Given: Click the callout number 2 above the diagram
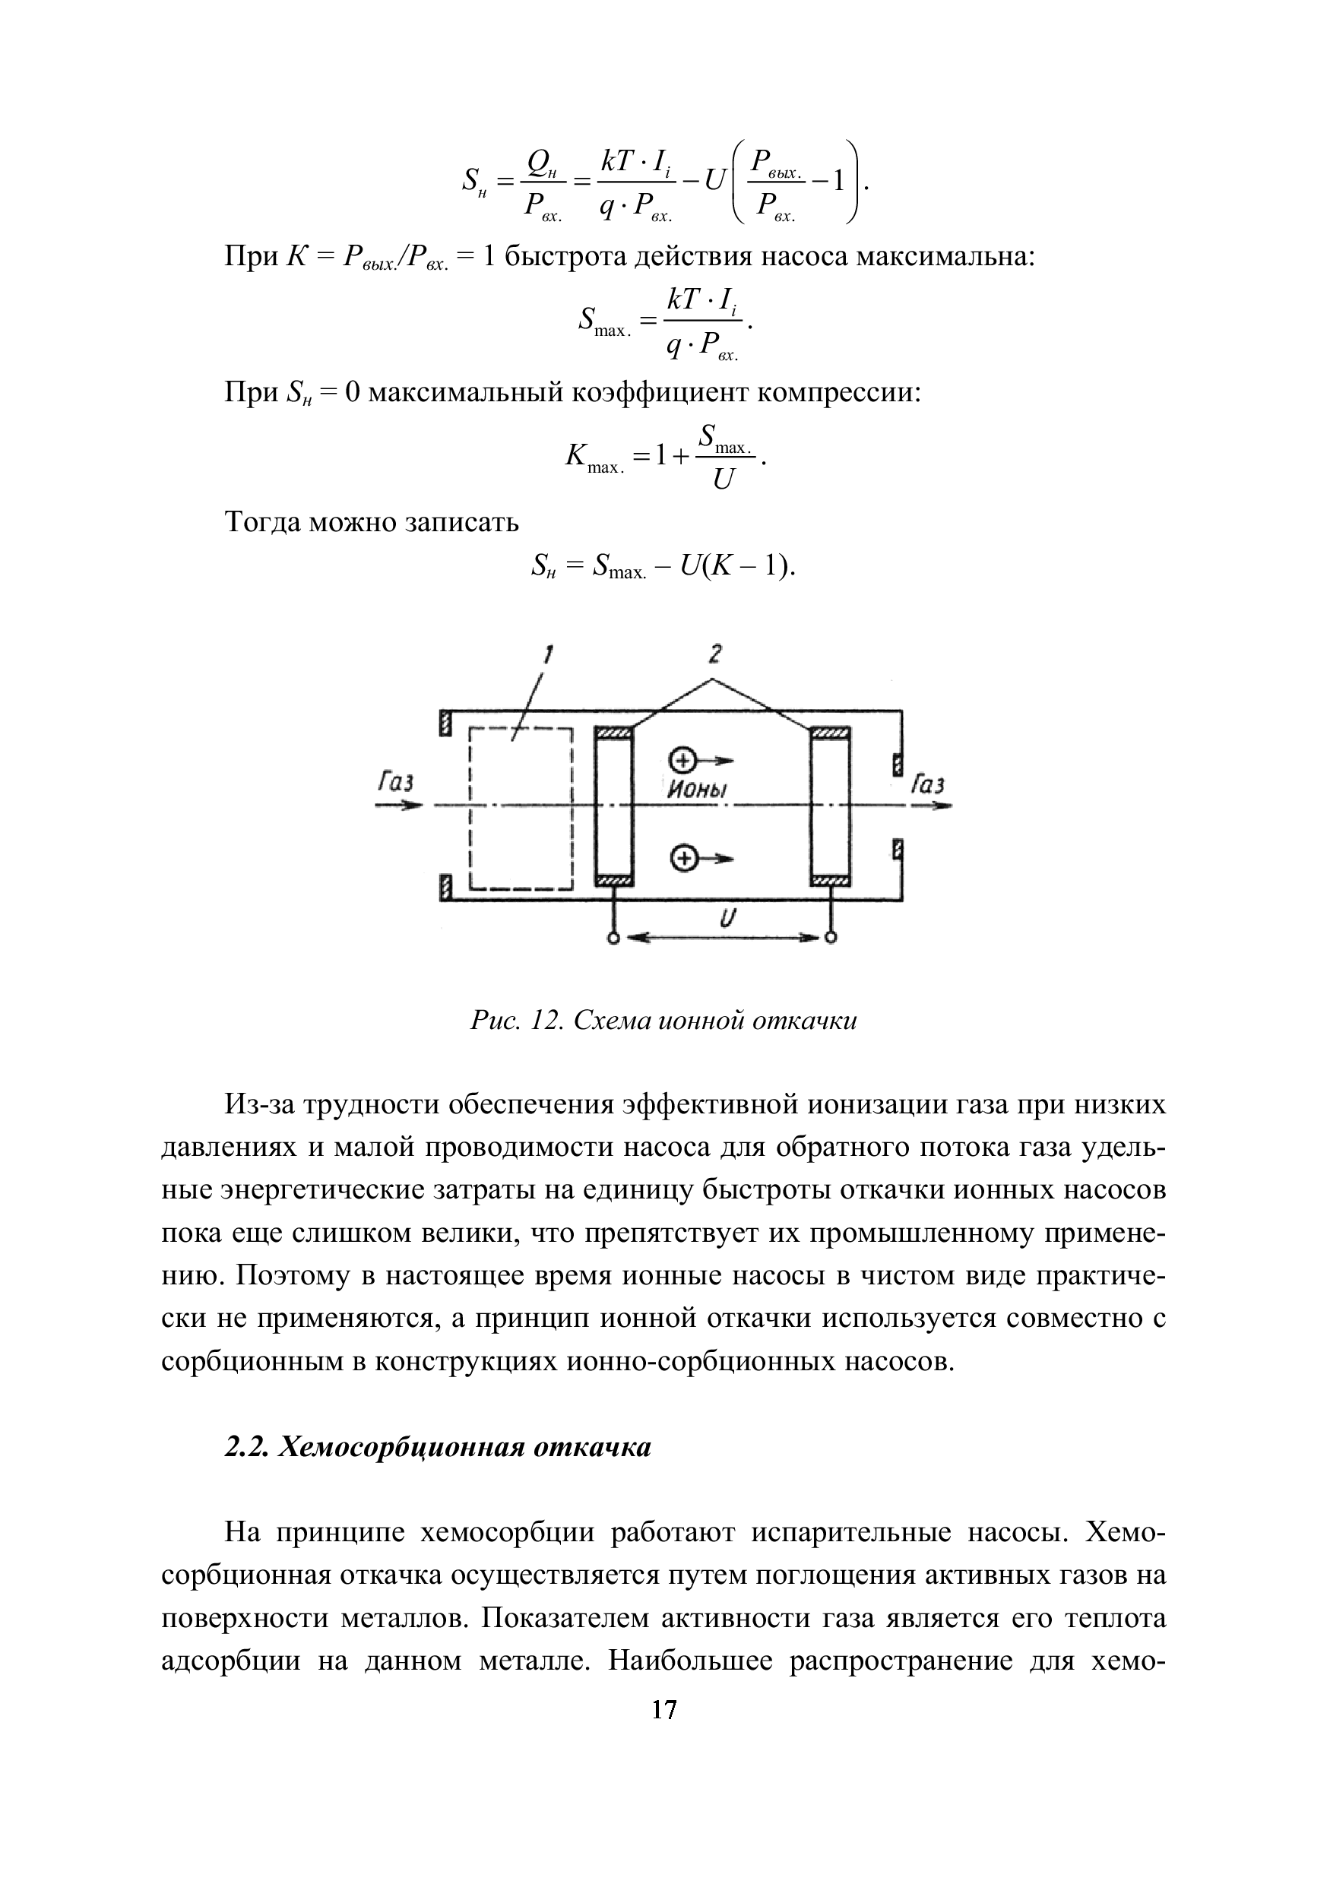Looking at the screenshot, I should point(715,654).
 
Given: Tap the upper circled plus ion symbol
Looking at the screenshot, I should point(682,758).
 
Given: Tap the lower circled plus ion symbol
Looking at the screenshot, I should point(682,858).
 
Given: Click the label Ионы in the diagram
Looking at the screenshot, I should point(698,790).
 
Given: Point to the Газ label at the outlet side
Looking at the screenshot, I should point(928,785).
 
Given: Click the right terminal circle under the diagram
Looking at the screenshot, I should point(831,938).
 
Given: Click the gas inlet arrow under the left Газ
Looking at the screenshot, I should point(398,806).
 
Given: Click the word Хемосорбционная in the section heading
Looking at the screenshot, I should point(401,1448).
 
